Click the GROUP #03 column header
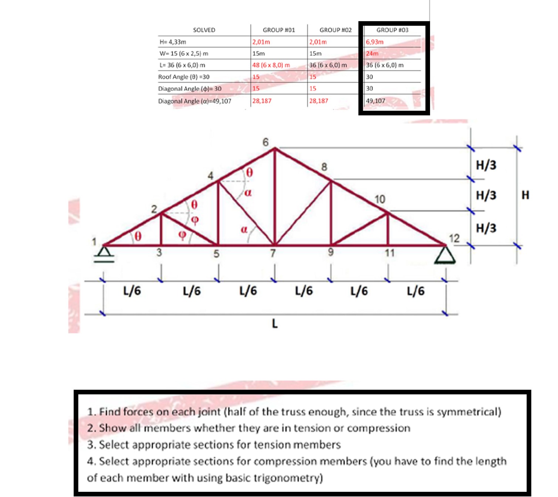(392, 30)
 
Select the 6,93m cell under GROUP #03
(375, 42)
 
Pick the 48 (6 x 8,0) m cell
(271, 65)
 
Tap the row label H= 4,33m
(173, 42)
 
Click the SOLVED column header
(204, 30)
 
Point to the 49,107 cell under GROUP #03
(375, 101)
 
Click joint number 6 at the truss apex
(266, 142)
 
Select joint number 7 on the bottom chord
(273, 253)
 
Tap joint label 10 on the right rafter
(380, 200)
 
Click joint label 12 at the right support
(454, 238)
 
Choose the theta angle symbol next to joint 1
(138, 236)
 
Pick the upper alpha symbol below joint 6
(248, 193)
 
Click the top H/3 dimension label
(486, 165)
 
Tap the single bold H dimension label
(525, 195)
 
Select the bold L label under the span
(274, 324)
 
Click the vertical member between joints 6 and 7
(274, 196)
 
